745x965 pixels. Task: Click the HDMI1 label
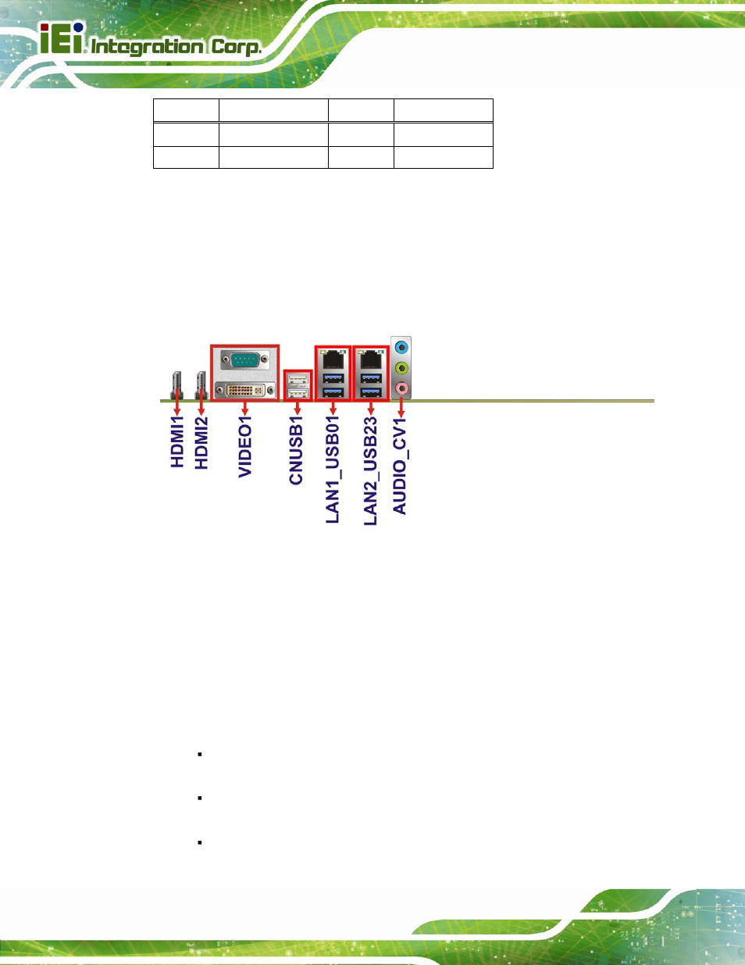click(177, 441)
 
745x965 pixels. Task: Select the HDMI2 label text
click(201, 442)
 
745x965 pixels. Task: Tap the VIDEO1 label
click(245, 447)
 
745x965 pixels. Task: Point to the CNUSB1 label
click(295, 450)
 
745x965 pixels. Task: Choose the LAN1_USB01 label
click(333, 470)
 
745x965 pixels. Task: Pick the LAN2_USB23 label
click(370, 470)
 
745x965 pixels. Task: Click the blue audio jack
click(401, 347)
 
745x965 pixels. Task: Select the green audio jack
click(401, 368)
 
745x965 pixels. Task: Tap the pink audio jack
click(401, 388)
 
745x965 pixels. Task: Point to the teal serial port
click(244, 359)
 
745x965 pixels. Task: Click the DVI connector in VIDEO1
click(244, 391)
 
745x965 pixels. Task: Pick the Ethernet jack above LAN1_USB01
click(333, 359)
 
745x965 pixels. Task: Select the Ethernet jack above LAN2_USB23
click(370, 359)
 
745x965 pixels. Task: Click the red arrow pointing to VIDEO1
click(244, 409)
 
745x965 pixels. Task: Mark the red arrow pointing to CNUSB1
click(298, 409)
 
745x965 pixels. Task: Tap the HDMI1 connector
click(176, 385)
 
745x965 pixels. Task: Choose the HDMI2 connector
click(201, 385)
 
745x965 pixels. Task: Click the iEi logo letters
click(62, 38)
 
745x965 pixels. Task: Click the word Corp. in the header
click(236, 48)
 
